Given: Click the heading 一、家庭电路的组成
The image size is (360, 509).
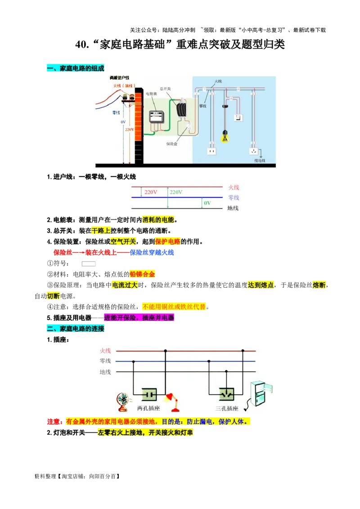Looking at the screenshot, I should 75,68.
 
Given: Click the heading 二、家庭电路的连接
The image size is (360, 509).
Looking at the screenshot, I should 75,329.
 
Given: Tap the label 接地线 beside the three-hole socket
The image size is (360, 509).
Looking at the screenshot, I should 260,160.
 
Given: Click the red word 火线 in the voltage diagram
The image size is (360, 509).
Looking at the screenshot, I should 234,187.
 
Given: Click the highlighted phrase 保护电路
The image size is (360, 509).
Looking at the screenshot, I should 167,241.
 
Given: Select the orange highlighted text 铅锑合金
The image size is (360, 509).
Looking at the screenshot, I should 143,274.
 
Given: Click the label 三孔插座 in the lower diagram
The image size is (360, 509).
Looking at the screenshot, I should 226,408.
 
